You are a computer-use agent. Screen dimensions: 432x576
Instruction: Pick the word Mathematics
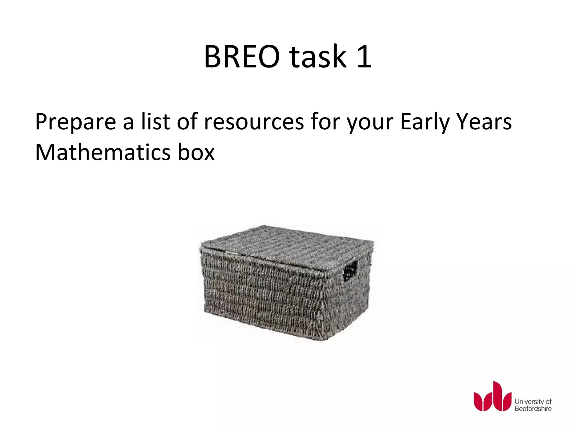[103, 152]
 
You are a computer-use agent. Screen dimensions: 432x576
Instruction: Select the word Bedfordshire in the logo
[533, 409]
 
